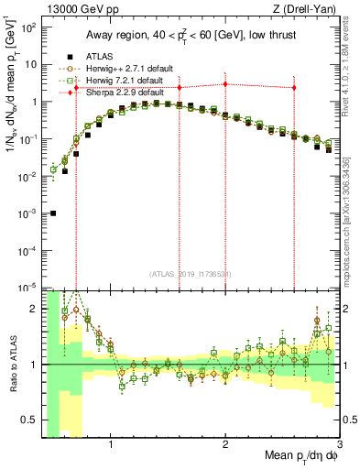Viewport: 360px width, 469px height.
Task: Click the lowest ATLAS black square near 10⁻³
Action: pyautogui.click(x=53, y=213)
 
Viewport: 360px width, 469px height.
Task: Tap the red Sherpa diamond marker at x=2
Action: pyautogui.click(x=225, y=84)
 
